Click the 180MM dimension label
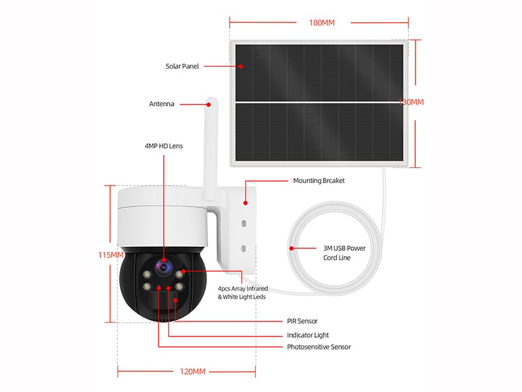tap(322, 23)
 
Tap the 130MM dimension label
tap(412, 102)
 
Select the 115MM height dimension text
tap(111, 255)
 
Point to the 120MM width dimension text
tap(192, 371)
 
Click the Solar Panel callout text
tap(182, 66)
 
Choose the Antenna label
tap(161, 104)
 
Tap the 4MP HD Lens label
tap(164, 146)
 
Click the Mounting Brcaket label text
tap(319, 180)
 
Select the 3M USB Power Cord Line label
tap(345, 253)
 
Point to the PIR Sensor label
tap(302, 321)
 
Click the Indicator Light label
tap(308, 335)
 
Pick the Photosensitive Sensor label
tap(319, 347)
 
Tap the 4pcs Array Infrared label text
tap(243, 288)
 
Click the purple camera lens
tap(164, 267)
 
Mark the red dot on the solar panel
tap(241, 67)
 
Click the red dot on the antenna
tap(209, 105)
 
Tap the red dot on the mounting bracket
tap(245, 203)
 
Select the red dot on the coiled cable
tap(292, 248)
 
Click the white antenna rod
tap(211, 149)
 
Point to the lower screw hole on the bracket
tap(243, 248)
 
